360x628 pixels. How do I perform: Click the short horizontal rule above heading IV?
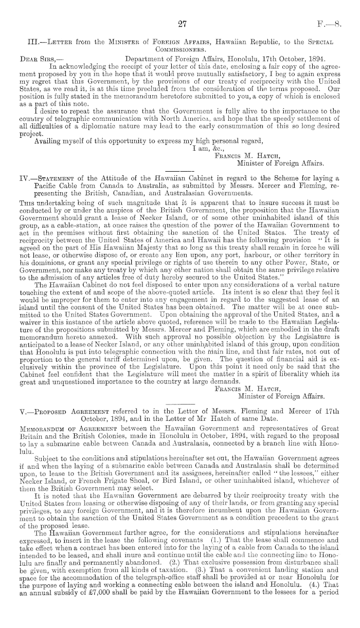tap(179, 171)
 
